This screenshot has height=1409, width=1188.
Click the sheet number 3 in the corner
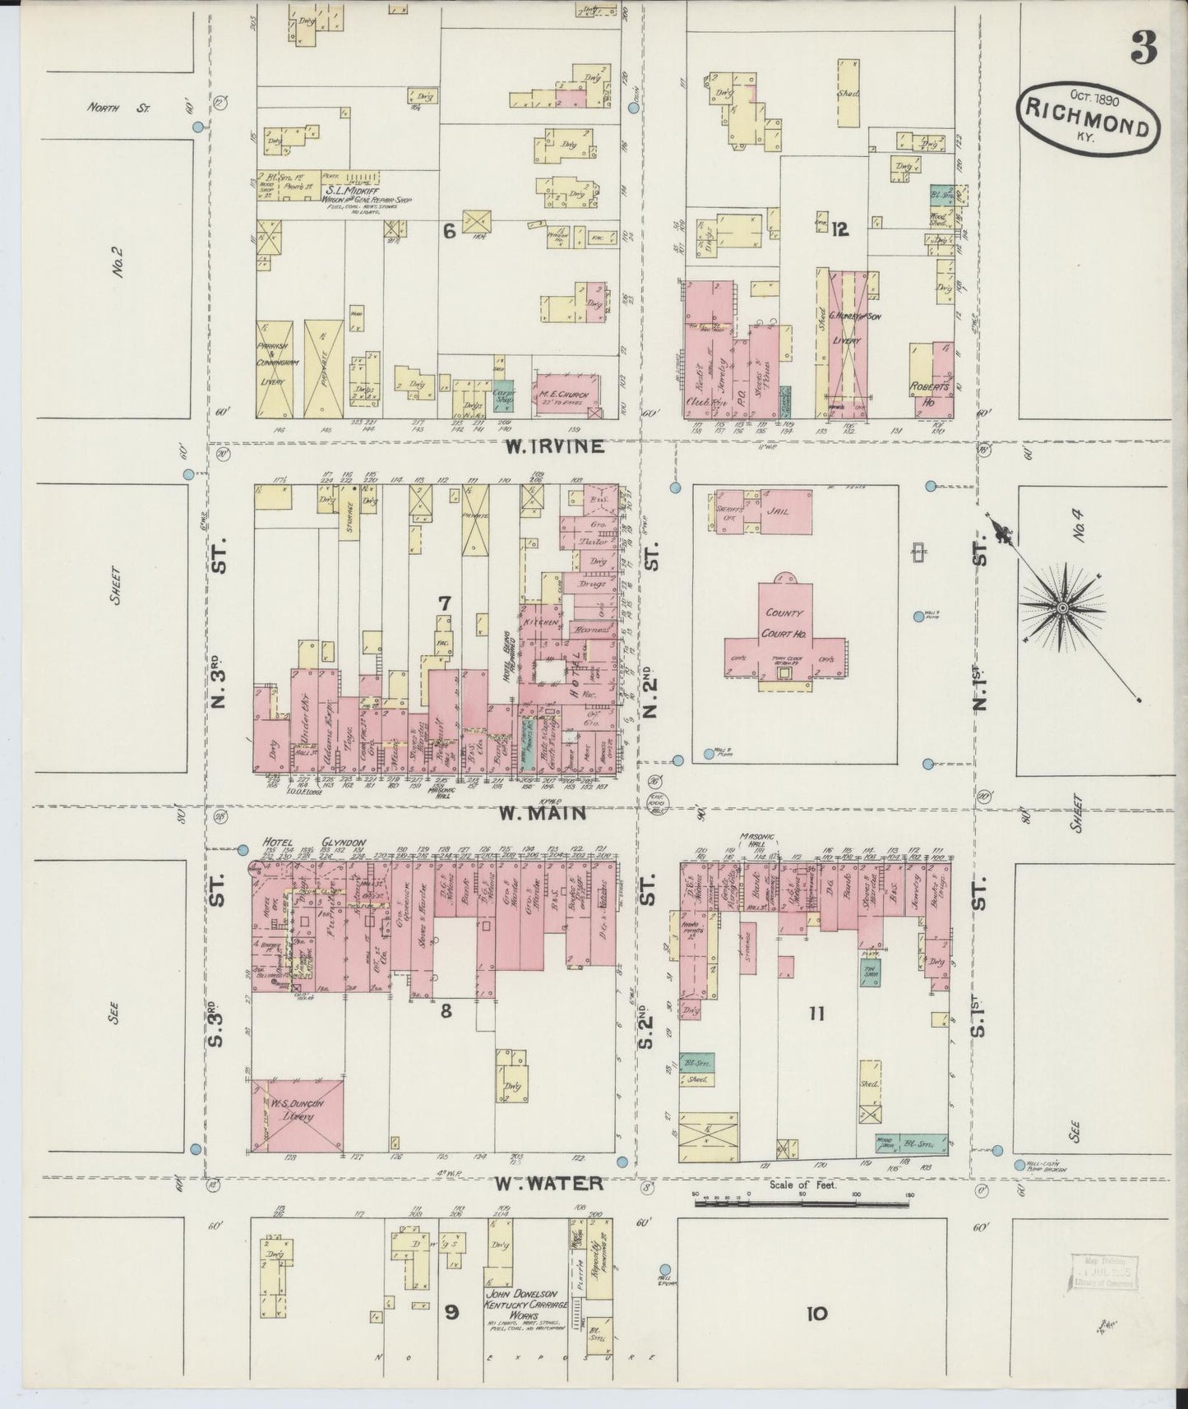(1144, 48)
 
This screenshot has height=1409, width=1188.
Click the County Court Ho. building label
(786, 623)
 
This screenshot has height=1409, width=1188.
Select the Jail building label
(777, 510)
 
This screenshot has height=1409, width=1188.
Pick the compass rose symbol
(1061, 607)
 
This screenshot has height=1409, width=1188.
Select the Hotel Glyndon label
(313, 843)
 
